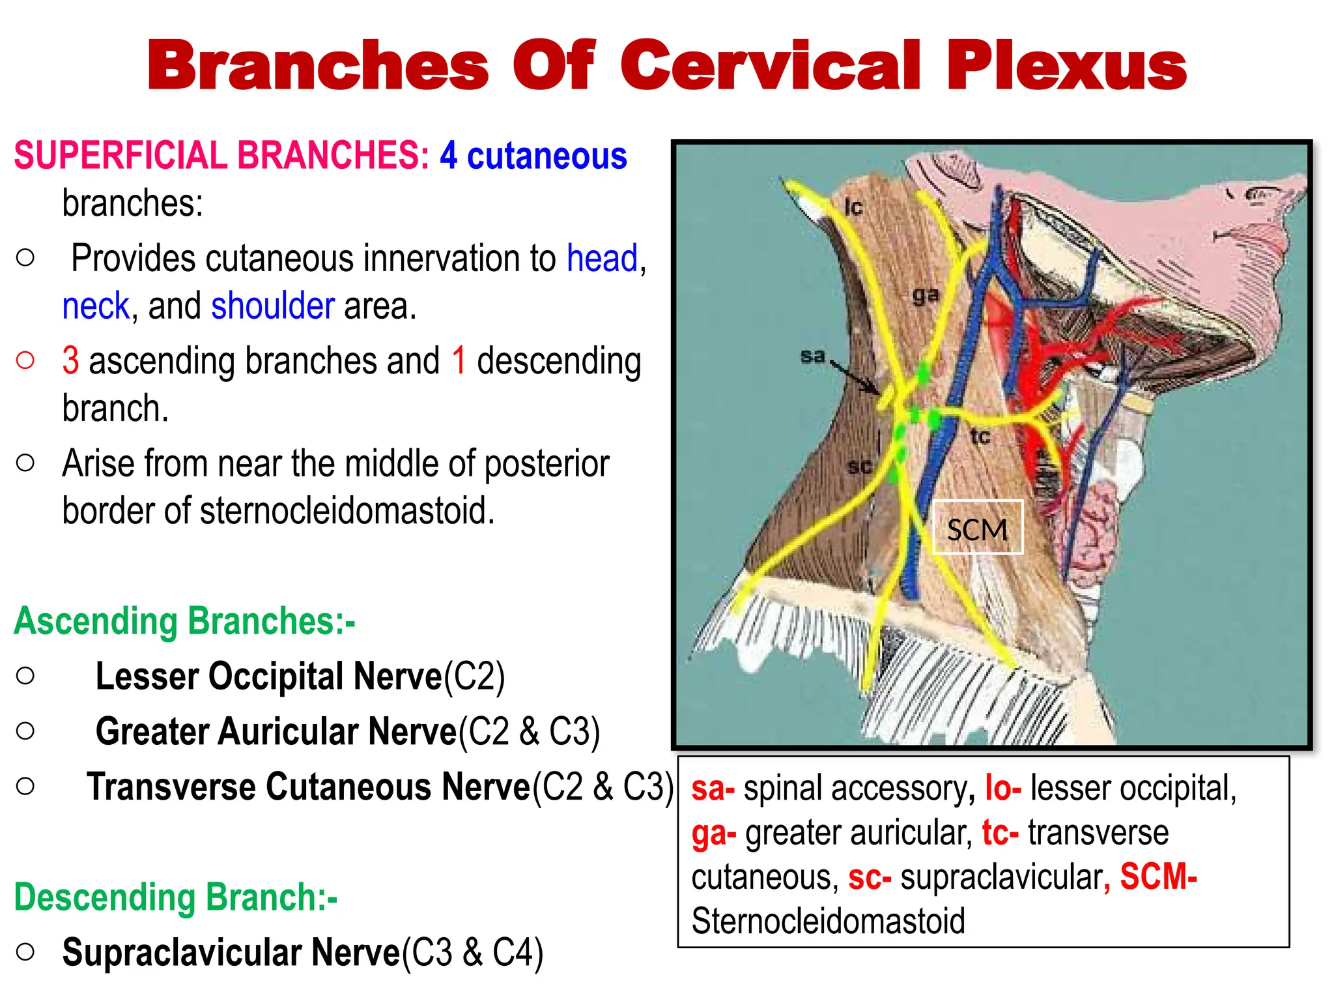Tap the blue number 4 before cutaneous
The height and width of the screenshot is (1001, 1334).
tap(448, 156)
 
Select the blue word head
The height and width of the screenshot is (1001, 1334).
tap(602, 258)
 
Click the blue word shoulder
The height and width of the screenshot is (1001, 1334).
tap(273, 306)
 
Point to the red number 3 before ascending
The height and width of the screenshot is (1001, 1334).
tap(70, 360)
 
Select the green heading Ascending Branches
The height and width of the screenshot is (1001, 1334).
tap(184, 621)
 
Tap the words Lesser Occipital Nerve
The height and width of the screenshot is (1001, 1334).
tap(268, 676)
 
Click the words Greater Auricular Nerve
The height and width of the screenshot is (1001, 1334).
tap(276, 731)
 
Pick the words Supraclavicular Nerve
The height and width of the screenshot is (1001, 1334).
tap(231, 953)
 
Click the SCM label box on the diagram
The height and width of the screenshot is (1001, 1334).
tap(977, 529)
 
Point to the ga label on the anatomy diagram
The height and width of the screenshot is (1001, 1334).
tap(925, 295)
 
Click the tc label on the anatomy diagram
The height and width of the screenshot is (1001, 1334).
tap(980, 436)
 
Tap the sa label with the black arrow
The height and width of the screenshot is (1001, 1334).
tap(812, 356)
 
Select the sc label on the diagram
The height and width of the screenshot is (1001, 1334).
tap(859, 466)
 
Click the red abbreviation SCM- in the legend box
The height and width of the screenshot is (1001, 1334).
tap(1157, 877)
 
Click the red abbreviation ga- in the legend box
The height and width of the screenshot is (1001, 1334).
tap(713, 834)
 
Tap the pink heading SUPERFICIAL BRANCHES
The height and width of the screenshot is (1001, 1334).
tap(221, 156)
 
